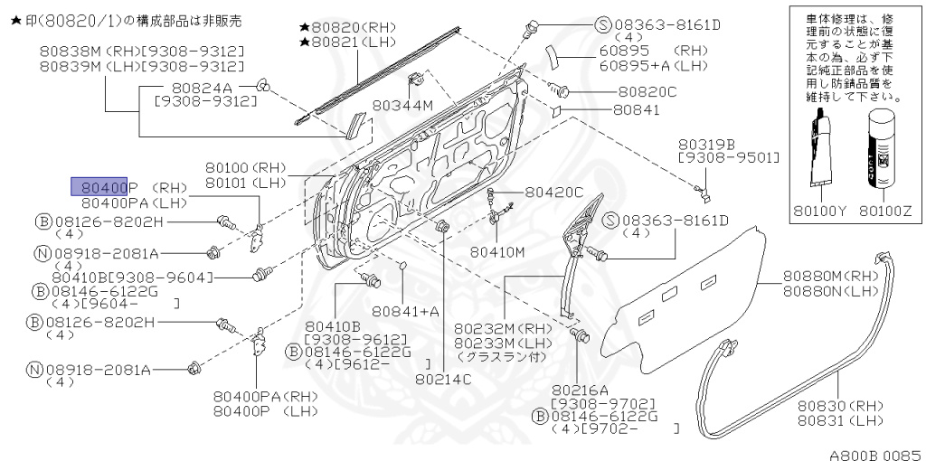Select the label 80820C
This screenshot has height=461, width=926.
(647, 91)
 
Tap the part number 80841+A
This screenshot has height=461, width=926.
(404, 311)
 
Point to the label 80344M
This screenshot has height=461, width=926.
(404, 106)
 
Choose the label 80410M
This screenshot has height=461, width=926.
(497, 251)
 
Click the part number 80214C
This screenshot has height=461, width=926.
(443, 379)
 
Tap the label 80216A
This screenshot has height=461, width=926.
(579, 389)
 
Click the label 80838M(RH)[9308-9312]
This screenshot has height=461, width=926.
(141, 51)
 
